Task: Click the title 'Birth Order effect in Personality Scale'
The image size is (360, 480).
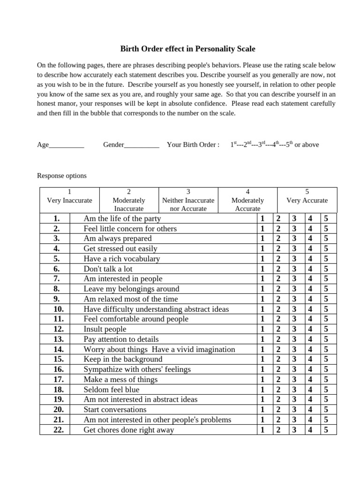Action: click(188, 49)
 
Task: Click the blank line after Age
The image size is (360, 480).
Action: click(66, 145)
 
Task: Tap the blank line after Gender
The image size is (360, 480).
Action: click(142, 145)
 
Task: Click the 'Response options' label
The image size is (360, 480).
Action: click(62, 176)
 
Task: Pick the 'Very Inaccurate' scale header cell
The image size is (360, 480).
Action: click(69, 200)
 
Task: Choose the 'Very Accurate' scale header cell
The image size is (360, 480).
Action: click(307, 200)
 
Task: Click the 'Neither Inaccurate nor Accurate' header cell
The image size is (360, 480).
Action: click(188, 200)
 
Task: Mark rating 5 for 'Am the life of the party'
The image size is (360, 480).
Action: click(326, 218)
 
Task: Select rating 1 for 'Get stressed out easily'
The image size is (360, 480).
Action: click(262, 248)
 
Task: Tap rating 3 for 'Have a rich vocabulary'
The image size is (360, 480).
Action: click(294, 259)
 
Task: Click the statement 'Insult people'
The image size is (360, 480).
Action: click(105, 329)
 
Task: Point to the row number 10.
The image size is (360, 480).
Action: click(58, 309)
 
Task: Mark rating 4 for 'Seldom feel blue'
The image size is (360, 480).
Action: click(310, 390)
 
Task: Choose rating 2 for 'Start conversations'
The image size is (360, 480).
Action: click(278, 410)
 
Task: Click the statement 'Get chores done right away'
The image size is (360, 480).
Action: click(128, 430)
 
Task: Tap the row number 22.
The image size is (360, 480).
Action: click(58, 430)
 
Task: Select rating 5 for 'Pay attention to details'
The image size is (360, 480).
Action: click(326, 339)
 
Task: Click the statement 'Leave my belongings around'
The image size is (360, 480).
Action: click(131, 289)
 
